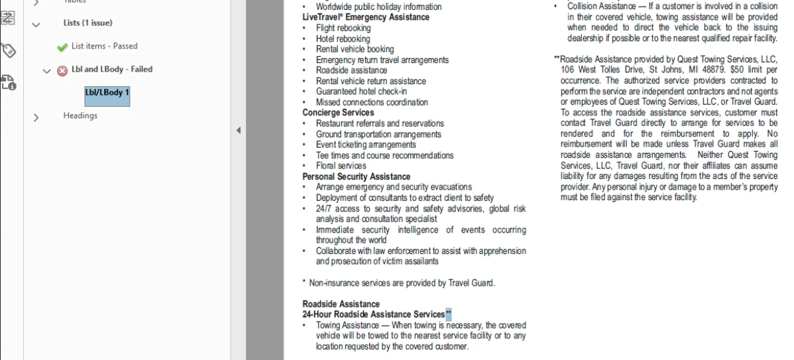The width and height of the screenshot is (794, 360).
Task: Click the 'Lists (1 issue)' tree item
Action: coord(87,23)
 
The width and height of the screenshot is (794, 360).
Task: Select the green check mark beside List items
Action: coord(62,46)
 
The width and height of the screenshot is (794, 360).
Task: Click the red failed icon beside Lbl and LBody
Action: coord(62,70)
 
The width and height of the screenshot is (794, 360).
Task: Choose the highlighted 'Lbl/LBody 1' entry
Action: coord(107,93)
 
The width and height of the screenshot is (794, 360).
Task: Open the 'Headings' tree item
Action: coord(80,115)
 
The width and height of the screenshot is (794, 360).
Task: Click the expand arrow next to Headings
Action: coord(36,117)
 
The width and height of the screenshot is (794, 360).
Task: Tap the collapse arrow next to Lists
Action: coord(36,24)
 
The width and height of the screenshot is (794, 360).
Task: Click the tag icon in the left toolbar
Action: coord(9,51)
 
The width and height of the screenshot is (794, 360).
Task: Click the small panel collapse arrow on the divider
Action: coord(239,131)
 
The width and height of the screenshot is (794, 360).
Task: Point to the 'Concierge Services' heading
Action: coord(338,113)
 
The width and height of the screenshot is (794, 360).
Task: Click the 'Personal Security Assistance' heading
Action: coord(356,176)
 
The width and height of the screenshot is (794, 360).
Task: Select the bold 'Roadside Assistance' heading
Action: coord(341,304)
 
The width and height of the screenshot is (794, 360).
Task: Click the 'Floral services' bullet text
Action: coord(341,166)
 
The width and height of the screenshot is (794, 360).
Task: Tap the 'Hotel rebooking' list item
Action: coord(343,38)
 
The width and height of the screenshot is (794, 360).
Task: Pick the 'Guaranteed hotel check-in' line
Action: coord(361,91)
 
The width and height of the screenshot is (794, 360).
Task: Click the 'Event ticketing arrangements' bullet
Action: coord(366,145)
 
